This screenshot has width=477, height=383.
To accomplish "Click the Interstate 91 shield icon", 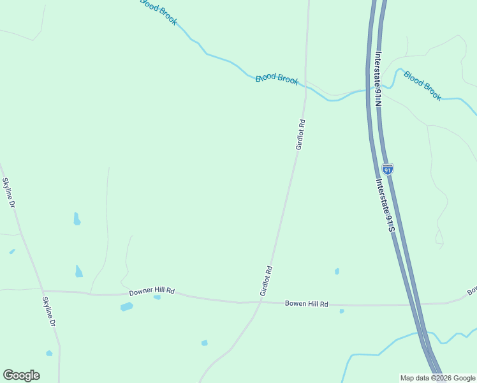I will (388, 169).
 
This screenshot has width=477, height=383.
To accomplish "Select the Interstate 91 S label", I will (382, 205).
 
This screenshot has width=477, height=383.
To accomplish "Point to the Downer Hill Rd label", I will (152, 292).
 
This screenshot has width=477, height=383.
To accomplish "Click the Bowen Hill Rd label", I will (306, 304).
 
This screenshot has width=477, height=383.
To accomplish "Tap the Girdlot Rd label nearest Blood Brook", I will (300, 135).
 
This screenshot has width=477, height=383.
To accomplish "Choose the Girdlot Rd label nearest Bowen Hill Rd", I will (267, 281).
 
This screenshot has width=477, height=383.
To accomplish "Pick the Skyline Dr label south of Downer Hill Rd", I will (49, 312).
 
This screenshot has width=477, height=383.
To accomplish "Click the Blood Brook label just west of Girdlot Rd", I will (277, 79).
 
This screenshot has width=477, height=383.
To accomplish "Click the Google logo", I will (21, 375).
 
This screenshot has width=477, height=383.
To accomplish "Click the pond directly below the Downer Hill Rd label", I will (157, 297).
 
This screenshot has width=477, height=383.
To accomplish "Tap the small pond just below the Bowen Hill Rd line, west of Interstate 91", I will (342, 312).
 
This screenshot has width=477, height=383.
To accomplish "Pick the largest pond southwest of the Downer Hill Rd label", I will (127, 307).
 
